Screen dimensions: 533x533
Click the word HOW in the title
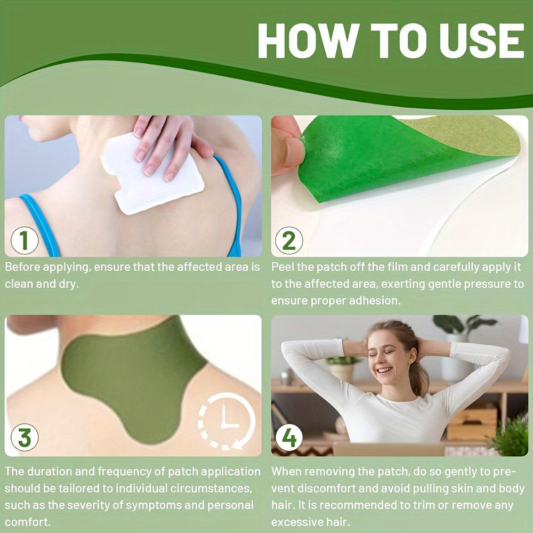pyautogui.click(x=308, y=41)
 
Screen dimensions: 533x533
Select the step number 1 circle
pyautogui.click(x=24, y=240)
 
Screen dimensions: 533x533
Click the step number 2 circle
pyautogui.click(x=289, y=240)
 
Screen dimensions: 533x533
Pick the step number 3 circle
pyautogui.click(x=24, y=437)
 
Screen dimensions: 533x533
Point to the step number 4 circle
pyautogui.click(x=289, y=438)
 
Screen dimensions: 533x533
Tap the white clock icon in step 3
pyautogui.click(x=227, y=421)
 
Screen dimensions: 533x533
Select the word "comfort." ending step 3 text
pyautogui.click(x=28, y=522)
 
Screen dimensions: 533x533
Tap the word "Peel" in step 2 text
pyautogui.click(x=282, y=267)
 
